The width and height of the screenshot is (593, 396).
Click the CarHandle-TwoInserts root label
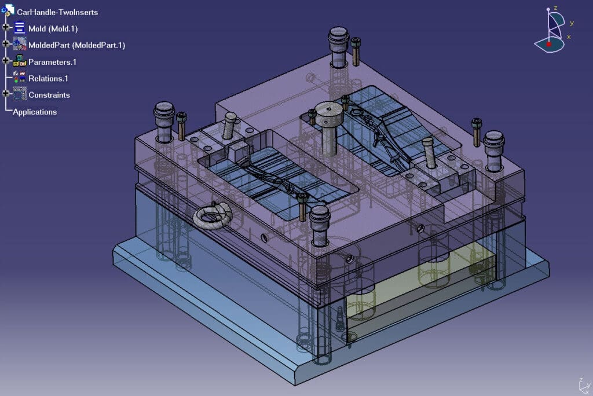pyautogui.click(x=57, y=12)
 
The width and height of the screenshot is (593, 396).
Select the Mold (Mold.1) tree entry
pyautogui.click(x=53, y=29)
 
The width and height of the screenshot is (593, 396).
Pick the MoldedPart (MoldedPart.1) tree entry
pyautogui.click(x=76, y=45)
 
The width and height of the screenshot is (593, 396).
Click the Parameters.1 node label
pyautogui.click(x=52, y=62)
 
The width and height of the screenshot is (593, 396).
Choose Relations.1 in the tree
pyautogui.click(x=48, y=79)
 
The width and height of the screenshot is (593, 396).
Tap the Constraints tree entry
pyautogui.click(x=49, y=95)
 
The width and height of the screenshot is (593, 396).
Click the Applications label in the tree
pyautogui.click(x=35, y=112)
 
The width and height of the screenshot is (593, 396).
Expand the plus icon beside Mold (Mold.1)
pyautogui.click(x=6, y=27)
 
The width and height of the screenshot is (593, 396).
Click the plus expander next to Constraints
pyautogui.click(x=6, y=93)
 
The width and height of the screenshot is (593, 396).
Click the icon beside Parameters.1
pyautogui.click(x=19, y=61)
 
